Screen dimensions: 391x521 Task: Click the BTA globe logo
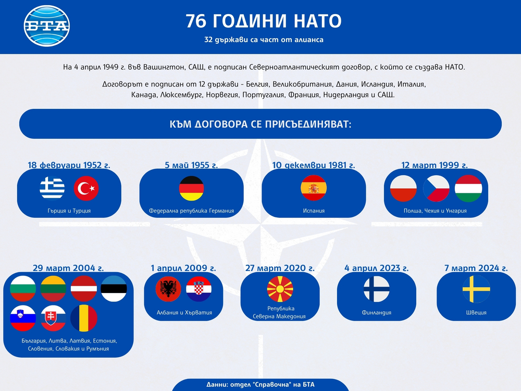pyautogui.click(x=46, y=26)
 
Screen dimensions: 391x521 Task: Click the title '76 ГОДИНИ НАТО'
pyautogui.click(x=264, y=21)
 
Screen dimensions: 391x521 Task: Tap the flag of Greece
pyautogui.click(x=52, y=189)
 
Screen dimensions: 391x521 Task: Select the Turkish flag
pyautogui.click(x=86, y=189)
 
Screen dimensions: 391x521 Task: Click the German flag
pyautogui.click(x=192, y=189)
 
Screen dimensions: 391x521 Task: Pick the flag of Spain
pyautogui.click(x=314, y=188)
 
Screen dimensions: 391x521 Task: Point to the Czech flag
pyautogui.click(x=436, y=189)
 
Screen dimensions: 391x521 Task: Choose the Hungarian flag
pyautogui.click(x=468, y=189)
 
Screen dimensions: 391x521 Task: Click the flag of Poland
pyautogui.click(x=404, y=189)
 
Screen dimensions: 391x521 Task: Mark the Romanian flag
pyautogui.click(x=84, y=319)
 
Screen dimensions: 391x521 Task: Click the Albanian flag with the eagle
pyautogui.click(x=168, y=289)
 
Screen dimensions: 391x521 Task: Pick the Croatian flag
pyautogui.click(x=199, y=289)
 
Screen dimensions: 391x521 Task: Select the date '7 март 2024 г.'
pyautogui.click(x=476, y=268)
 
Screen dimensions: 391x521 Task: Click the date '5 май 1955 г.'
pyautogui.click(x=191, y=165)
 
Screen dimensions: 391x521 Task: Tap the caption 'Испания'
pyautogui.click(x=314, y=211)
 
